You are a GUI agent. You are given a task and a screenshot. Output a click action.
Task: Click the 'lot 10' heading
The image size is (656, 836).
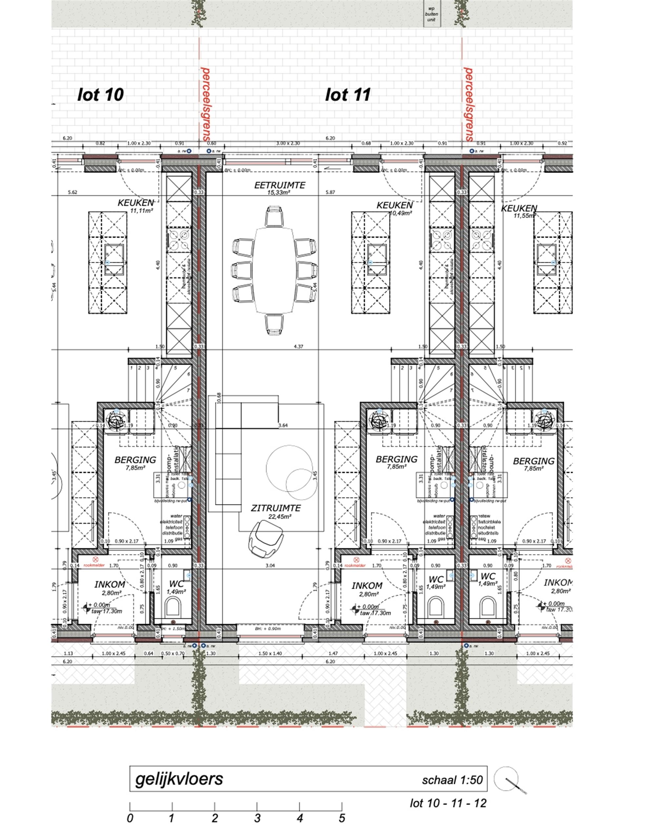click(100, 95)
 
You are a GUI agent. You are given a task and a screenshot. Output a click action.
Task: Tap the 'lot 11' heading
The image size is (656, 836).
click(348, 95)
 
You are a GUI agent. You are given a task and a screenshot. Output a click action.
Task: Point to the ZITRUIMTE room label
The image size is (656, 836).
click(276, 508)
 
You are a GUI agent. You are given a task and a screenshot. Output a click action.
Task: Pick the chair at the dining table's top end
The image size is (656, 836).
click(274, 216)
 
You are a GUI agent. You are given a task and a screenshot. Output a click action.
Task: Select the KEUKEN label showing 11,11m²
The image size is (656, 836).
click(135, 203)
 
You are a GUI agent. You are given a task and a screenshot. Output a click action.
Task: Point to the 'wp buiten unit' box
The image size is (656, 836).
click(432, 14)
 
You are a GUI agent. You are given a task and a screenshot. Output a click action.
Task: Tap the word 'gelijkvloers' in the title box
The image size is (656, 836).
click(179, 779)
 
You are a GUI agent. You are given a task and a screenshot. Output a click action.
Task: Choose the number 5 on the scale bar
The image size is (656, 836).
click(341, 818)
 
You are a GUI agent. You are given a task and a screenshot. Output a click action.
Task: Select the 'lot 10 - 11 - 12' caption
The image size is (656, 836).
click(448, 803)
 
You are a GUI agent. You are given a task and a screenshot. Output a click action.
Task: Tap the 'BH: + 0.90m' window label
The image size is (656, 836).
click(267, 629)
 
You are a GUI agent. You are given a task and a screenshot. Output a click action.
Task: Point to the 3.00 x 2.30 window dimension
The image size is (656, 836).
click(288, 143)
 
